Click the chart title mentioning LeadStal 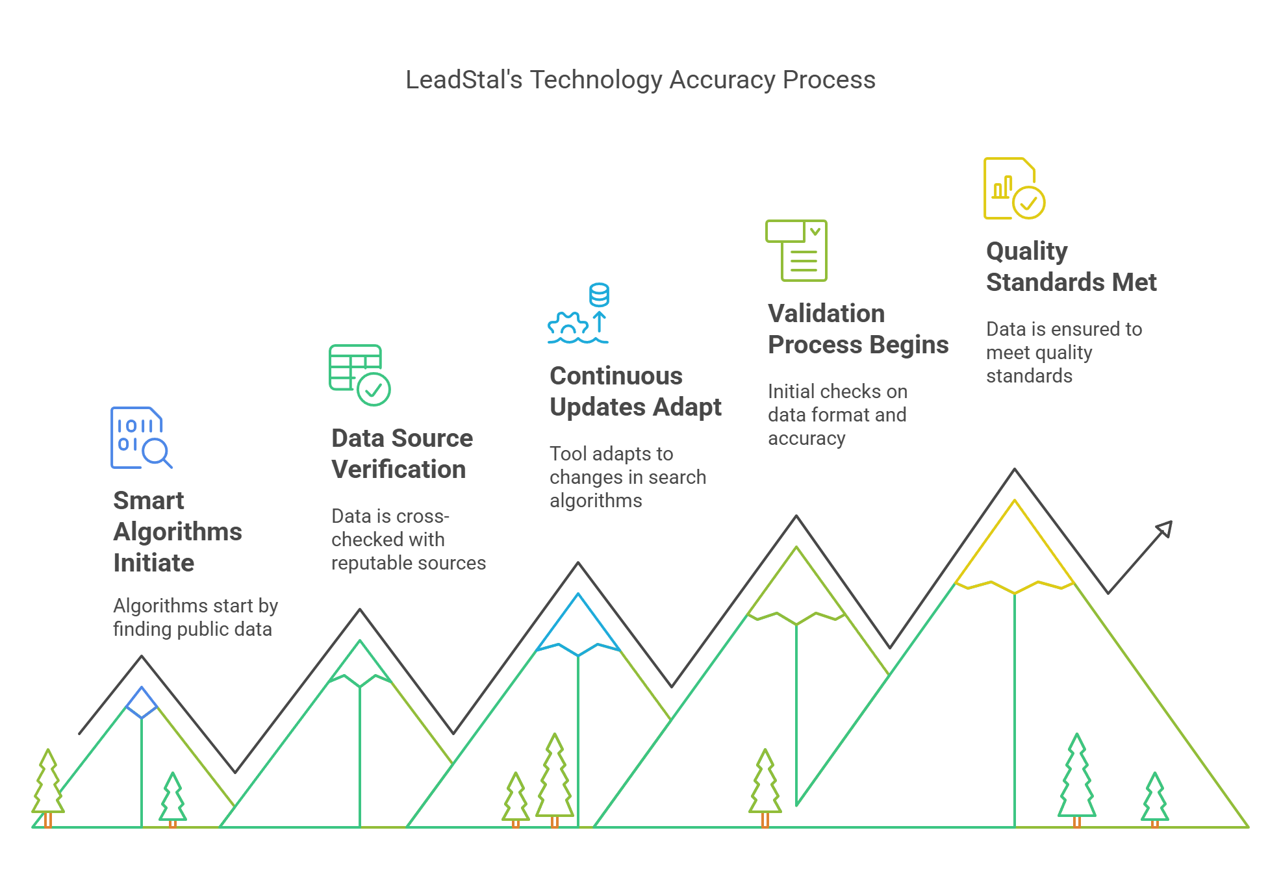point(640,80)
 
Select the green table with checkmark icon point(359,375)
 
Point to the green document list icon point(796,250)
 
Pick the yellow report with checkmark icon point(1014,188)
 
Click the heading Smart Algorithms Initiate point(177,531)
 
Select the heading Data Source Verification point(401,453)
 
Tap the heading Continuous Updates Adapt point(635,391)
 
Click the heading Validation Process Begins point(857,329)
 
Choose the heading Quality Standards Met point(1071,266)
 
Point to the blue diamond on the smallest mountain point(142,703)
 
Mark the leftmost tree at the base point(48,786)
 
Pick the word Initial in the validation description point(791,391)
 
